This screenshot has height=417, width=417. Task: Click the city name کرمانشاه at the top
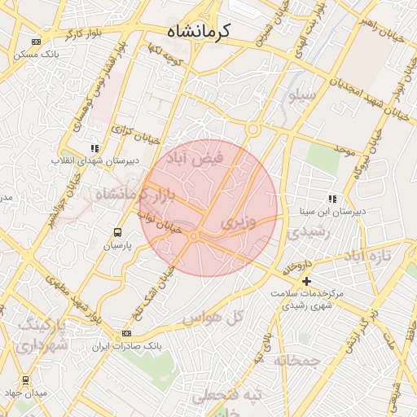click(199, 32)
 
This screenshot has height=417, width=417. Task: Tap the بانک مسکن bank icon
click(36, 42)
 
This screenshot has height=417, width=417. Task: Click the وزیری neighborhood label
click(238, 222)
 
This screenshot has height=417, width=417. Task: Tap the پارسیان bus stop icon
click(118, 232)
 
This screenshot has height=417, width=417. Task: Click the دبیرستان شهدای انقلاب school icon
click(95, 148)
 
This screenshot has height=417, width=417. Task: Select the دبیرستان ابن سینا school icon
click(331, 198)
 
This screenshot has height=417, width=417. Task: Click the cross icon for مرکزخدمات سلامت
click(306, 281)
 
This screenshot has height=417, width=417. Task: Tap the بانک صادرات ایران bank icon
click(126, 333)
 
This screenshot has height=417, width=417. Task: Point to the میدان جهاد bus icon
click(25, 380)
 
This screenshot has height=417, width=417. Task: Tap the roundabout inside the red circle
click(194, 236)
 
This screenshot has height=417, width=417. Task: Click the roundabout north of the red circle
click(253, 129)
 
